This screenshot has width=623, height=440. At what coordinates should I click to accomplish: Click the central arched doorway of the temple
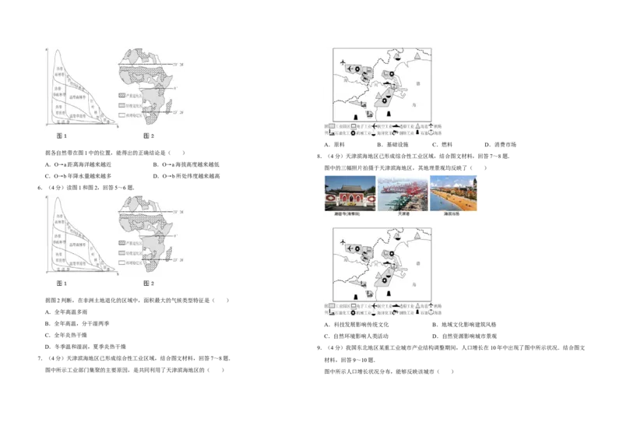tap(350, 202)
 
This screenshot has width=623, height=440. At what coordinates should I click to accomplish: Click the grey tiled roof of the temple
tap(350, 186)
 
